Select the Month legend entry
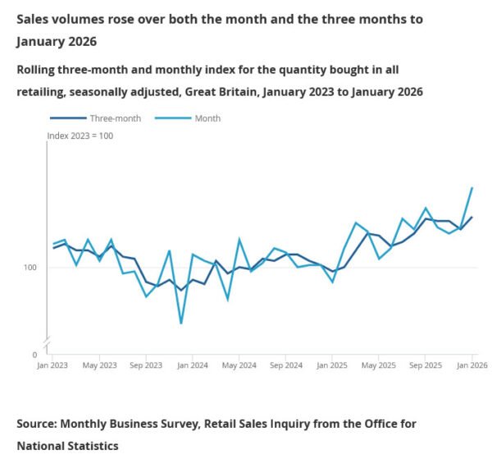[207, 118]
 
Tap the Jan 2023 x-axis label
[53, 364]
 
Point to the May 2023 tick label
[100, 364]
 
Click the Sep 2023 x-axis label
[146, 364]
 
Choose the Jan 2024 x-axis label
[193, 364]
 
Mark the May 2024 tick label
[239, 364]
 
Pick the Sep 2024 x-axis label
[285, 364]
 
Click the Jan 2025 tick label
[332, 364]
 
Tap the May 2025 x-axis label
[379, 364]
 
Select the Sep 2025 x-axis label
[425, 364]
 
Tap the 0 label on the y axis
[34, 354]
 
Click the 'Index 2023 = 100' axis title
[80, 135]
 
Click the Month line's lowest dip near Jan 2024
[180, 324]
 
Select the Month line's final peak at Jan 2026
[471, 188]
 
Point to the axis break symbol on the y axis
[48, 341]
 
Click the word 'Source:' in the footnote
[42, 424]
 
